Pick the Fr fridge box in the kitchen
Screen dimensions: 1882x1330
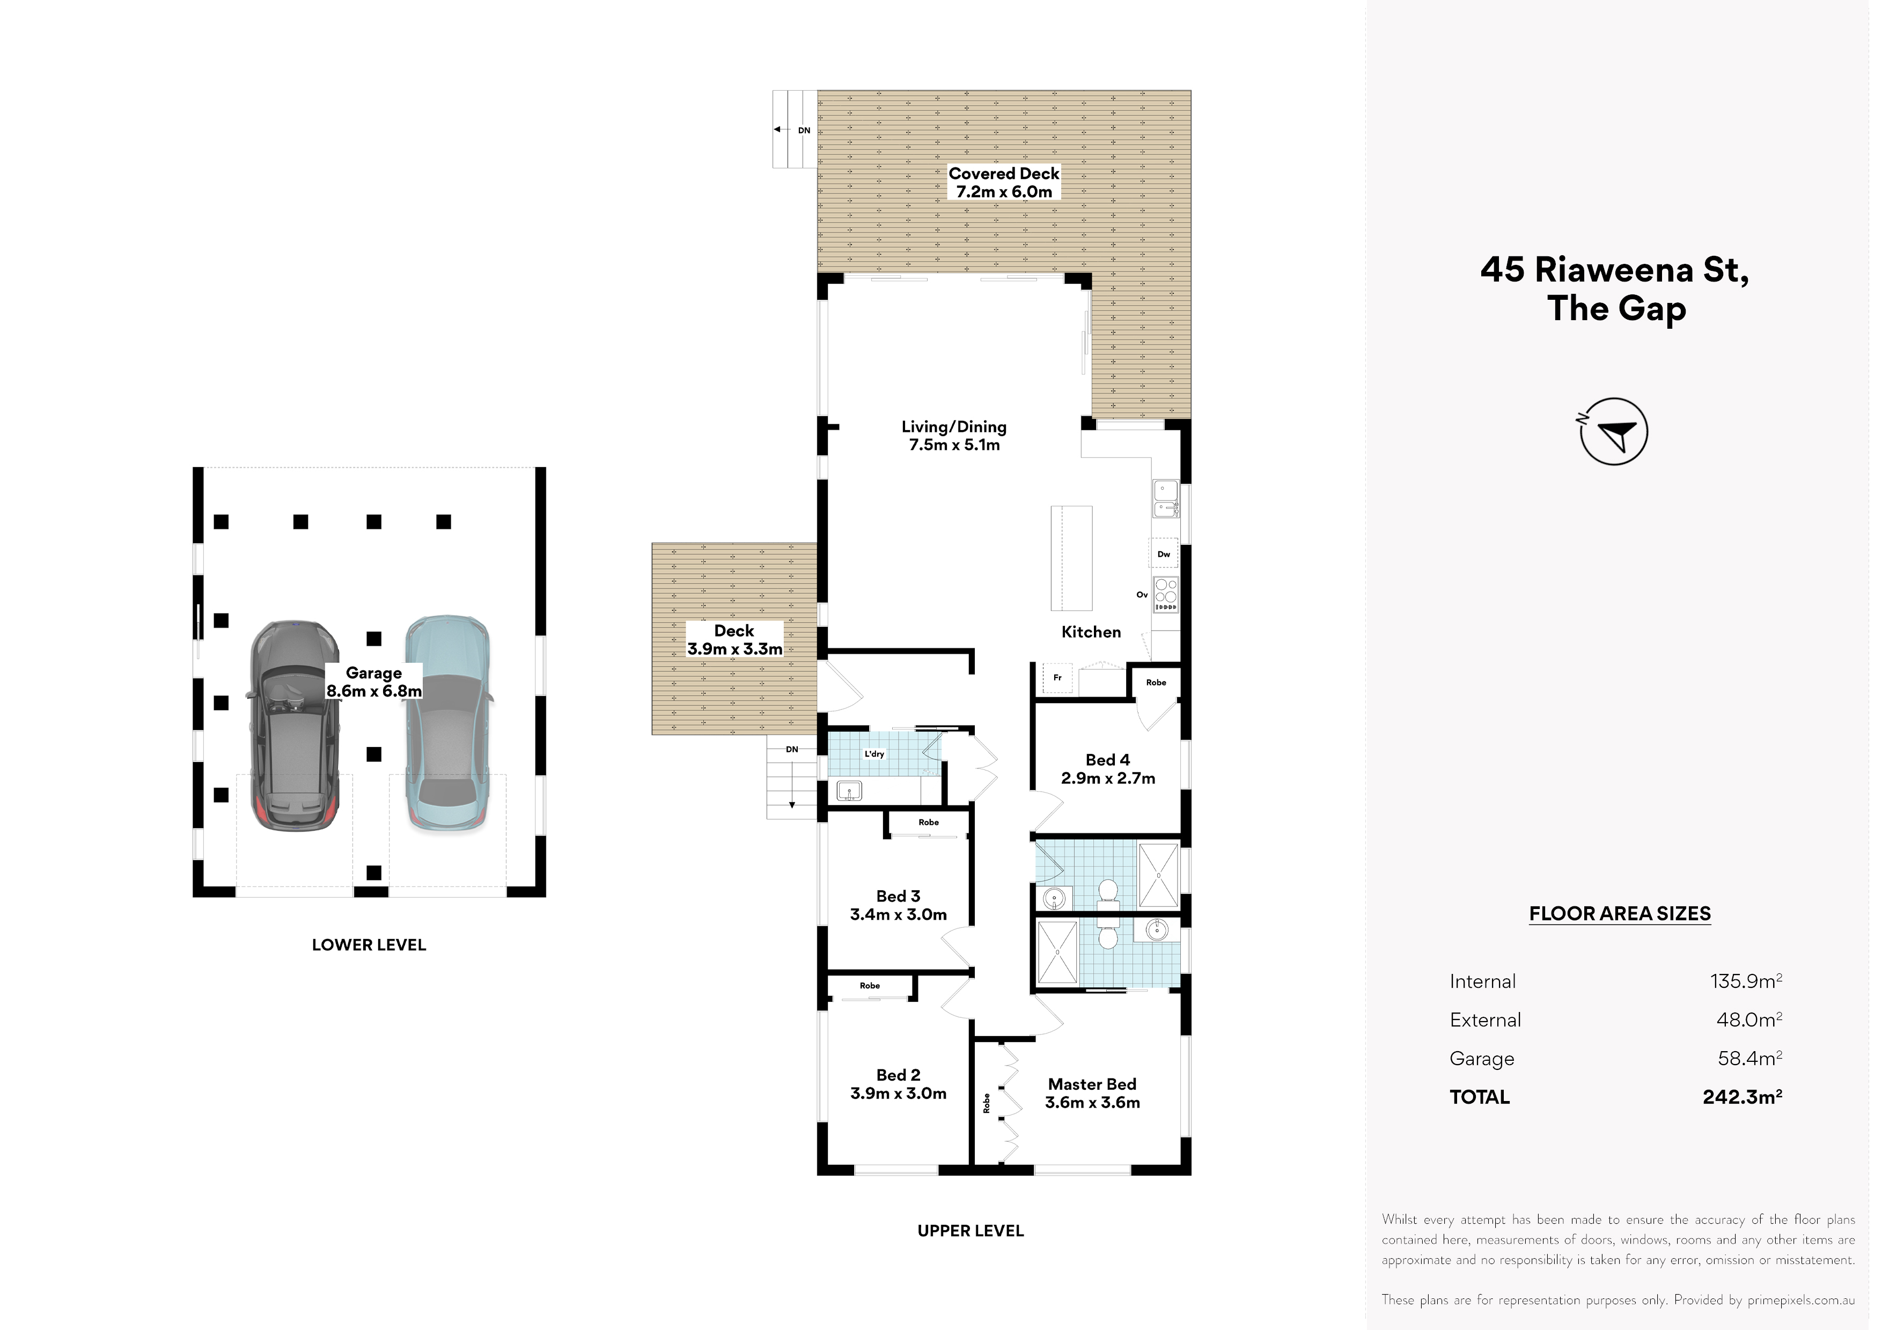pos(1057,678)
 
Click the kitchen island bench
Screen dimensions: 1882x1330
pos(1072,558)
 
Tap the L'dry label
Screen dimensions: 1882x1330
pos(874,754)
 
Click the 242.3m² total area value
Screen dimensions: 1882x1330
pos(1743,1097)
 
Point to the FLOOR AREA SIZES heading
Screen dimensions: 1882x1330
pos(1620,914)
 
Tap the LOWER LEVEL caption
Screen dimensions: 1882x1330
pos(369,945)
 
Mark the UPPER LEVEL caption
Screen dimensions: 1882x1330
pos(971,1231)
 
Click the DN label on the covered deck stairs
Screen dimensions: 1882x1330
pos(804,130)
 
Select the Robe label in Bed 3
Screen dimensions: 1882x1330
pos(929,822)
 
